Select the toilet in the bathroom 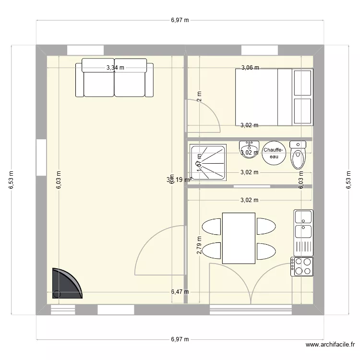[298, 156]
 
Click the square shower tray [209, 161]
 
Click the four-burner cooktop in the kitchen [301, 266]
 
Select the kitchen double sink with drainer [303, 232]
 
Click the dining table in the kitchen [239, 238]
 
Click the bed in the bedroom [273, 97]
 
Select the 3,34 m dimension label [115, 68]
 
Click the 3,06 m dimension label [250, 68]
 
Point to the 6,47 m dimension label [180, 291]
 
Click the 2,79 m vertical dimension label [199, 244]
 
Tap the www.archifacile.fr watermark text [330, 345]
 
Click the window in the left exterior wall [41, 157]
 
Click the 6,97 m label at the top [180, 20]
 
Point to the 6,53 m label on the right [348, 181]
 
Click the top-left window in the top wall [85, 50]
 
